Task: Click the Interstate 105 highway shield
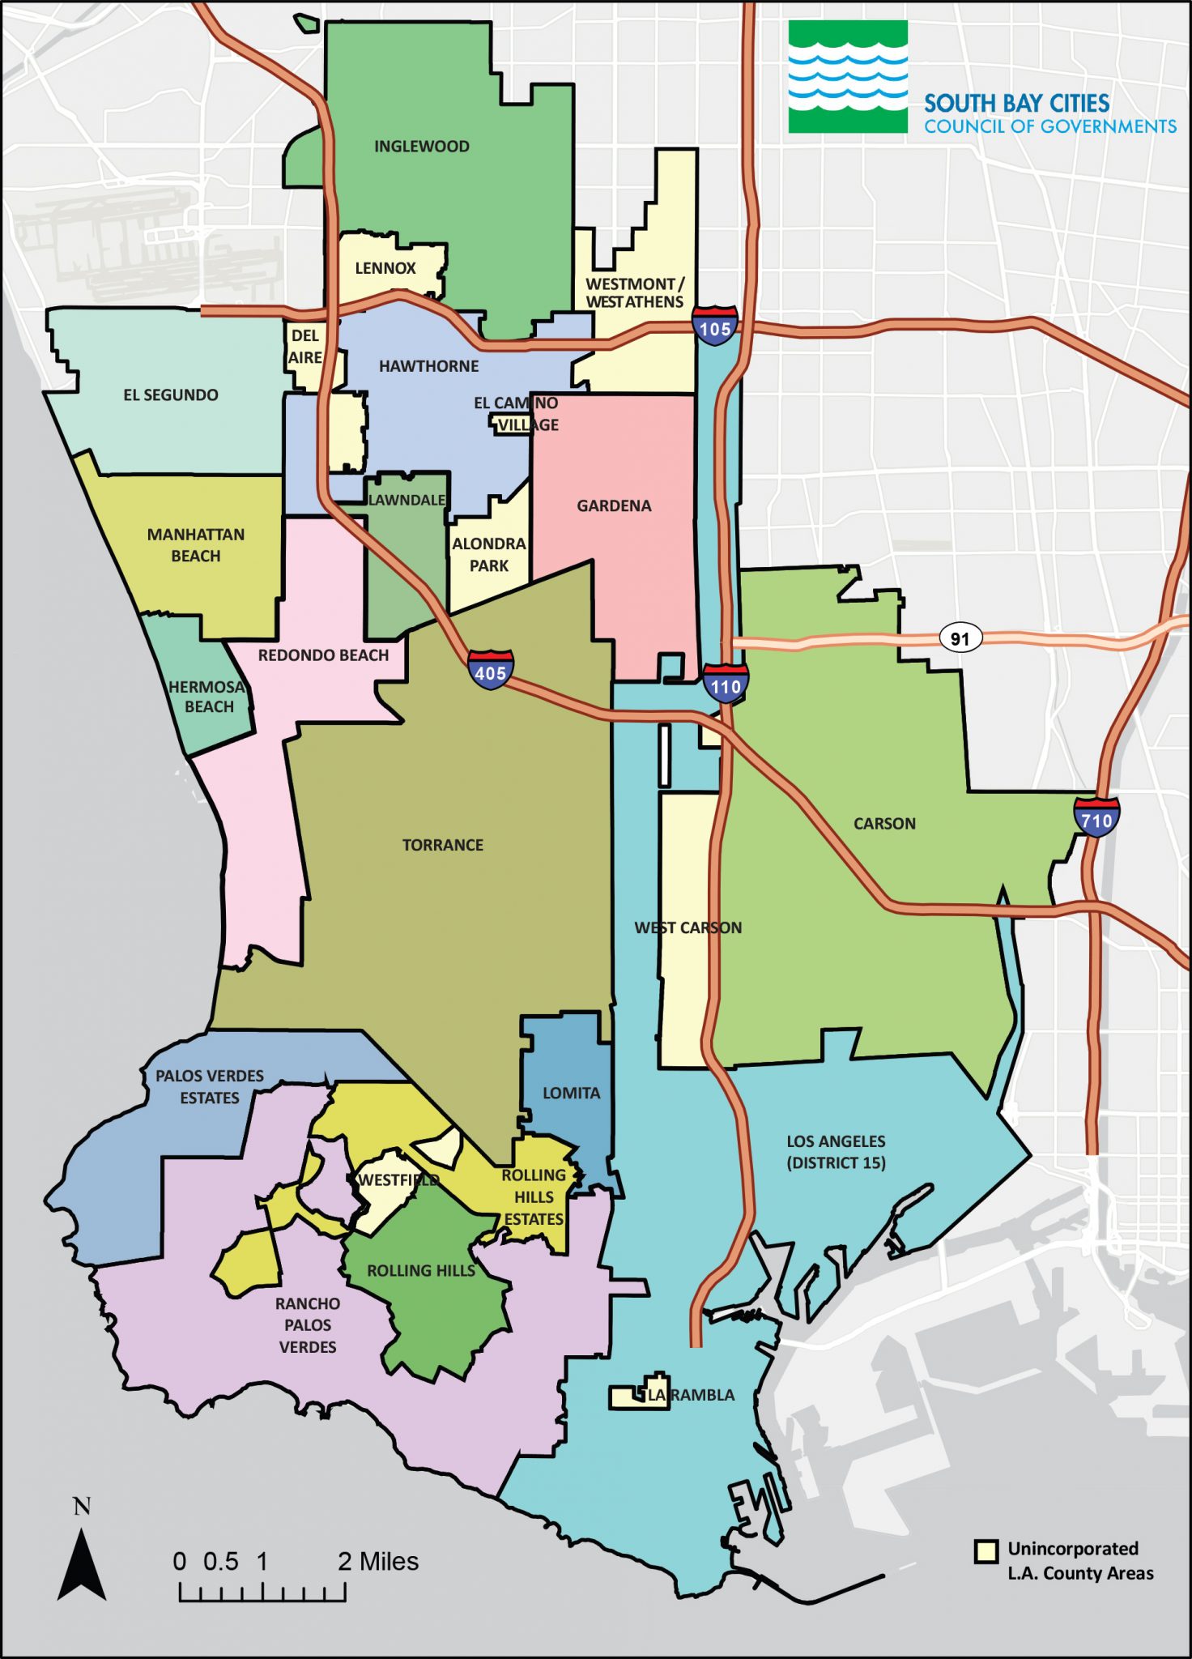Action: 715,326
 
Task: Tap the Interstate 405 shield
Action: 490,670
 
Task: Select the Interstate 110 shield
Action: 725,683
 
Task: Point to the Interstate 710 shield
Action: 1096,817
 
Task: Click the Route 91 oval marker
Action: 960,638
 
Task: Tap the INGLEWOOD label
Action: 421,147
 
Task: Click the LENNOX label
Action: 385,268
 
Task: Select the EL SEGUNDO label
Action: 171,395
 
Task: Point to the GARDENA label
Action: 614,506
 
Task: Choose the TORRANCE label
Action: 443,845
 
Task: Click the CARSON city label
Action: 884,824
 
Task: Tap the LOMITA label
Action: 571,1093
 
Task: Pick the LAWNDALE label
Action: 407,500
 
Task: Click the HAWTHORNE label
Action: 429,366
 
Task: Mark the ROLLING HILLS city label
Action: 421,1271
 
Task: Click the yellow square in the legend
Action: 986,1551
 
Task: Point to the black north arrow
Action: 82,1564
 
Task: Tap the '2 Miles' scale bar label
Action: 378,1562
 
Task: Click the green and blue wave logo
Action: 848,77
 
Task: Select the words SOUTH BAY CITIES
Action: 1016,104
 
